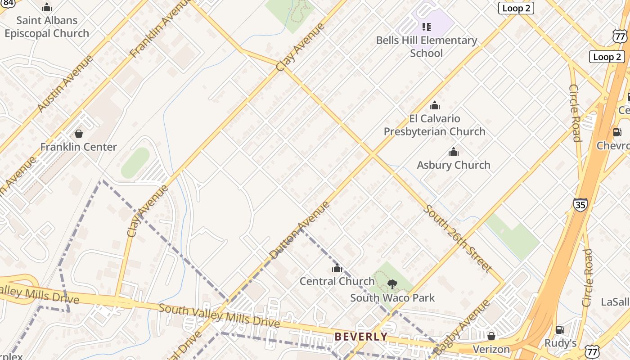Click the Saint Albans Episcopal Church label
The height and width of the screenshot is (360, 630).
click(x=47, y=27)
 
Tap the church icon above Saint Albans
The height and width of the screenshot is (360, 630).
click(x=47, y=7)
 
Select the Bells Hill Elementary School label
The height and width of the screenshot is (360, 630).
click(x=427, y=46)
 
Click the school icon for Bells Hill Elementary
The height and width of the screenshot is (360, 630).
click(x=427, y=27)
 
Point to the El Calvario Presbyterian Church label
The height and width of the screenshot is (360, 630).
click(x=434, y=125)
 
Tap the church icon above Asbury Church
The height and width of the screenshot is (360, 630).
click(x=454, y=152)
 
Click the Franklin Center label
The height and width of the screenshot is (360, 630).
click(x=78, y=147)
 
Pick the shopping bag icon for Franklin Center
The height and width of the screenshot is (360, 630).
click(x=79, y=134)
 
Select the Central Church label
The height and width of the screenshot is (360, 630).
click(x=337, y=281)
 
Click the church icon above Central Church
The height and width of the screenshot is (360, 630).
click(x=337, y=268)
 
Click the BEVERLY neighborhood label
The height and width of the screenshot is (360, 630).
click(x=361, y=337)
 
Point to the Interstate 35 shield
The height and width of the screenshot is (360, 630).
click(x=580, y=205)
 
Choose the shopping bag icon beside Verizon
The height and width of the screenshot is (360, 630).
click(x=491, y=336)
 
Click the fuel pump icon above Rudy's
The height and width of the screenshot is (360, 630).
click(x=560, y=330)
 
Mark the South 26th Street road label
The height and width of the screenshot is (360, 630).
click(x=457, y=238)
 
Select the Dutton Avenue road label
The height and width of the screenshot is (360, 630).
click(x=300, y=230)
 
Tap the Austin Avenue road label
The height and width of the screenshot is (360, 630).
click(x=65, y=83)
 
